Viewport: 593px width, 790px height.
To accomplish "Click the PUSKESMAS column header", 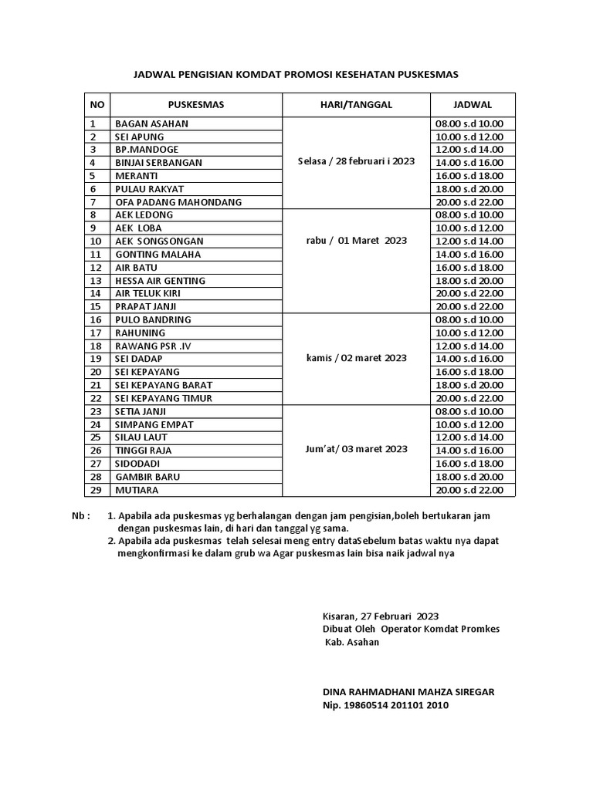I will pyautogui.click(x=196, y=104).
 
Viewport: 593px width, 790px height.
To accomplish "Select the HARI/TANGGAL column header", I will pyautogui.click(x=356, y=104).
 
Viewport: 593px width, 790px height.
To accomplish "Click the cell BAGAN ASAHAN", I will pyautogui.click(x=151, y=123).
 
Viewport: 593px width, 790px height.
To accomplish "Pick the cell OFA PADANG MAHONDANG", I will pyautogui.click(x=178, y=202).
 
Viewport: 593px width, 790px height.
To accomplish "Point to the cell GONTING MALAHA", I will pyautogui.click(x=158, y=255).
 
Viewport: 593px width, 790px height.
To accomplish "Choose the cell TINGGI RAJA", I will pyautogui.click(x=144, y=451).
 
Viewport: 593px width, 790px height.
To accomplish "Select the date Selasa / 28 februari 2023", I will pyautogui.click(x=356, y=162).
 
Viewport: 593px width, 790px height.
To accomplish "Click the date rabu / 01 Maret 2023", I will pyautogui.click(x=356, y=241).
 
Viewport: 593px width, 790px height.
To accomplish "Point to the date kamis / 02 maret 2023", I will pyautogui.click(x=356, y=359).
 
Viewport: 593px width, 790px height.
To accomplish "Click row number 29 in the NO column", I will pyautogui.click(x=96, y=490).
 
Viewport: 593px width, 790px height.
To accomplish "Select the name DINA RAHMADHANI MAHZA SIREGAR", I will pyautogui.click(x=408, y=692).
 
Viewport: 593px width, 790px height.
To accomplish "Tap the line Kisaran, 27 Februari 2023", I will pyautogui.click(x=380, y=616).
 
